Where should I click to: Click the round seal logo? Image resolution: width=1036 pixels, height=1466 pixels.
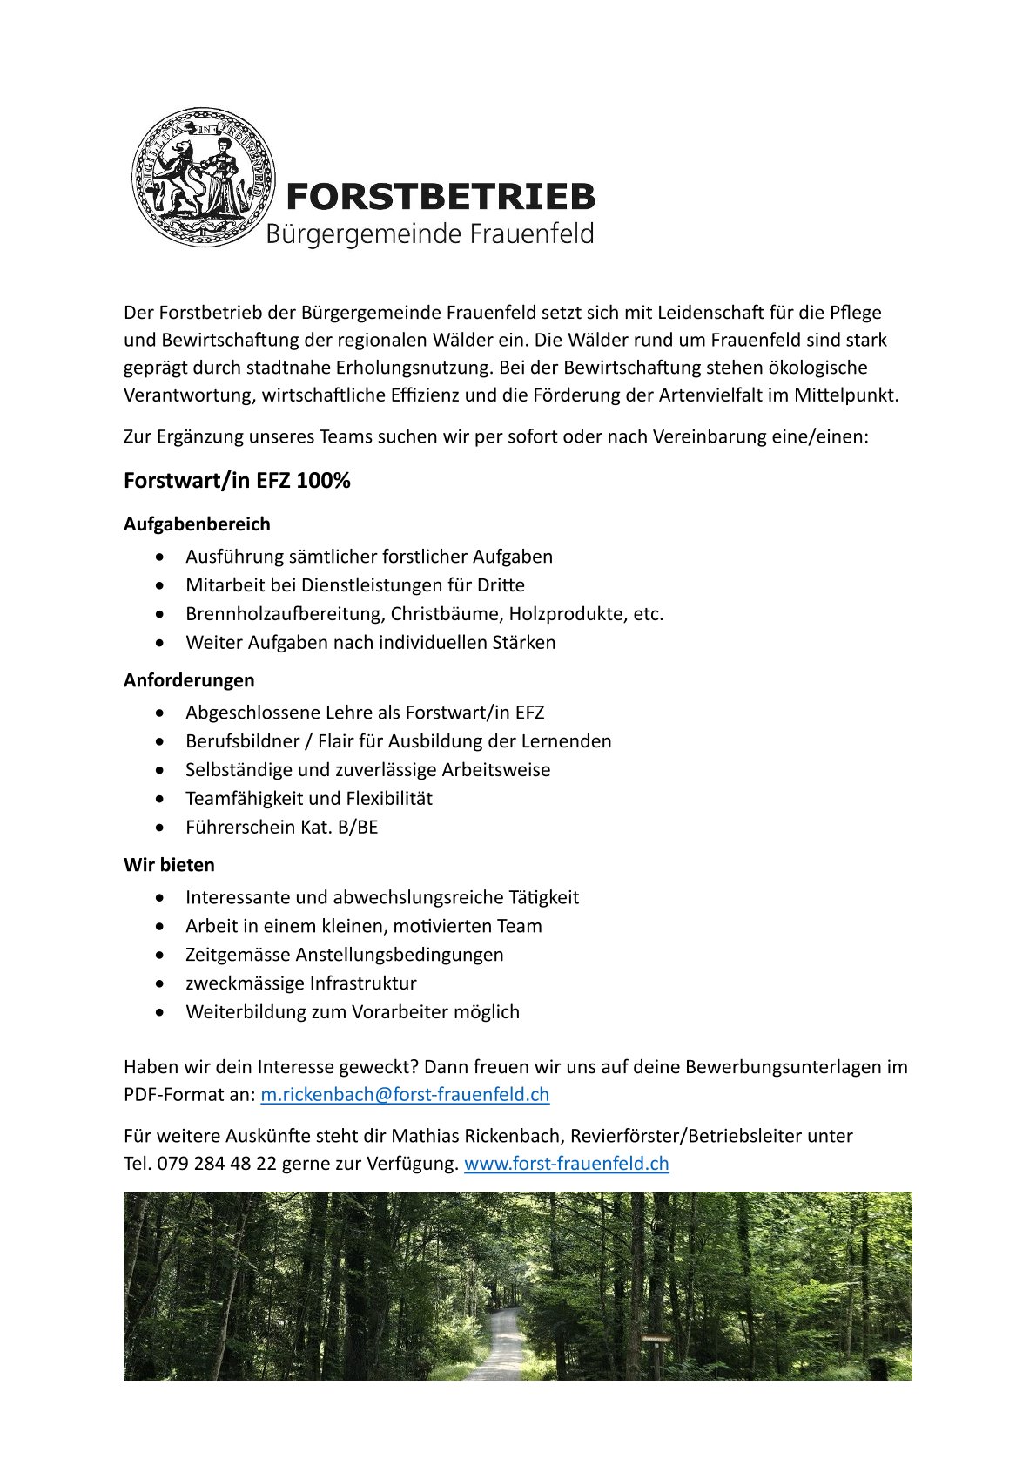click(203, 178)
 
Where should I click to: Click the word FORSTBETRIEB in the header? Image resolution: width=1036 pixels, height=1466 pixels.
click(440, 197)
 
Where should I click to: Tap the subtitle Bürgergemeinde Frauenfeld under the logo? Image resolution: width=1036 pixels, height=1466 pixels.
click(429, 234)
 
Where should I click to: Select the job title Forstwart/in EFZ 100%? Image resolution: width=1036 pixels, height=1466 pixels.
click(237, 481)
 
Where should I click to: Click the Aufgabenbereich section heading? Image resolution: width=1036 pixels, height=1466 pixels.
click(197, 524)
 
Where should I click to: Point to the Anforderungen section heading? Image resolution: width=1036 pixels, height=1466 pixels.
click(189, 680)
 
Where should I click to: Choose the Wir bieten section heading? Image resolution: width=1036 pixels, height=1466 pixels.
click(169, 865)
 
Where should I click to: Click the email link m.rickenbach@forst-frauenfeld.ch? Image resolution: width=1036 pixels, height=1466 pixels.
click(405, 1095)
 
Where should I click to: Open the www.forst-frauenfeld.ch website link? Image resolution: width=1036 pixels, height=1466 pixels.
click(566, 1164)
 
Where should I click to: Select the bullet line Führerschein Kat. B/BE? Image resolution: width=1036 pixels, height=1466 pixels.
click(281, 828)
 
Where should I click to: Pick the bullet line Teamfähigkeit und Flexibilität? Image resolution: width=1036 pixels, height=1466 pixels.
click(308, 799)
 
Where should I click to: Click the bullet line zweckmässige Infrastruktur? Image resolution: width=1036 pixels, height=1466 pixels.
click(300, 983)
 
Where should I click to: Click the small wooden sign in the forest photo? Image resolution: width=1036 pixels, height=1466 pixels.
click(656, 1338)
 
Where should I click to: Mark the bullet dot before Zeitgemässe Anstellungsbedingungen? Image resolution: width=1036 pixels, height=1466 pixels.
click(159, 956)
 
